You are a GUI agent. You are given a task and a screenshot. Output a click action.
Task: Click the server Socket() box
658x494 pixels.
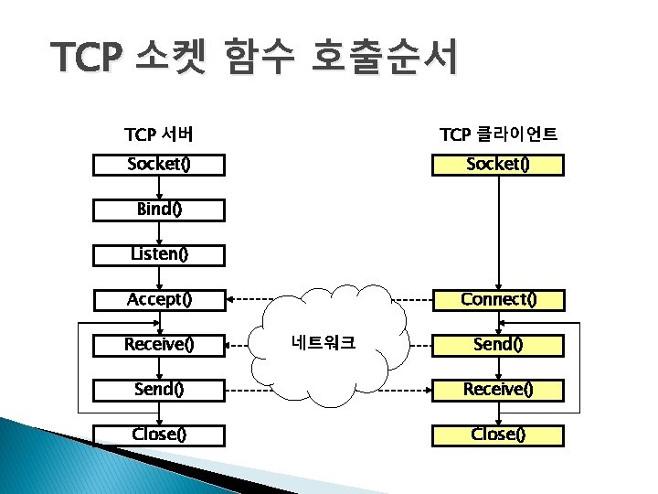point(159,165)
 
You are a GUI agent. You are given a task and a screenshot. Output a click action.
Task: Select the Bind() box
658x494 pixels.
point(159,209)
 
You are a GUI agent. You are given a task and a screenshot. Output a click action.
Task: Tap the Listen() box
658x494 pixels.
point(159,254)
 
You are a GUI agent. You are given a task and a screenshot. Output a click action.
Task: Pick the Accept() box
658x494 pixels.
point(159,299)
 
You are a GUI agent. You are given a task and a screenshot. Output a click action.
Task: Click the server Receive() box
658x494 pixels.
point(159,344)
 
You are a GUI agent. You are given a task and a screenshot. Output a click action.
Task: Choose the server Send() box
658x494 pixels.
point(159,389)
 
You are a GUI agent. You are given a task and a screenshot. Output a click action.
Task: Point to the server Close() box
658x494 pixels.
point(159,434)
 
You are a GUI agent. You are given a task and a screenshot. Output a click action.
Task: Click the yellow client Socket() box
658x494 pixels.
point(498,165)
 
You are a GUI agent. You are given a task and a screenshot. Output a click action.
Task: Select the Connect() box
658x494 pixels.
point(498,299)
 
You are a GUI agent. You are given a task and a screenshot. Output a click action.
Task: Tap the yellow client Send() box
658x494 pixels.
point(498,344)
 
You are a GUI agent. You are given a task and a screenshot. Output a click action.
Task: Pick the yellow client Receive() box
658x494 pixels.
point(498,389)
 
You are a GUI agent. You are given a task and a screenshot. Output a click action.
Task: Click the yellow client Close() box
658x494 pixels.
point(498,434)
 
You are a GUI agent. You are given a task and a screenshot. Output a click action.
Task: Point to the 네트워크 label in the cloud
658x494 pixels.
point(324,344)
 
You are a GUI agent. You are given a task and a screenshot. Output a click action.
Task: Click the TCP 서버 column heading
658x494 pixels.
point(158,135)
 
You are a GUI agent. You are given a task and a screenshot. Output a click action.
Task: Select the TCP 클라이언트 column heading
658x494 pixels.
point(498,135)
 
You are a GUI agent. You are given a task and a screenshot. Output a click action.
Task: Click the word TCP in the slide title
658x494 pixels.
point(86,60)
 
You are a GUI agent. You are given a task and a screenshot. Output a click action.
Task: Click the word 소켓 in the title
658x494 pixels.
point(169,60)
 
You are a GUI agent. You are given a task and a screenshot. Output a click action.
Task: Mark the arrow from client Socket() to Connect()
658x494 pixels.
point(498,233)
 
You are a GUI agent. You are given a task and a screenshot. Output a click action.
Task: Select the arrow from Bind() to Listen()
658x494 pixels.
point(159,232)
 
